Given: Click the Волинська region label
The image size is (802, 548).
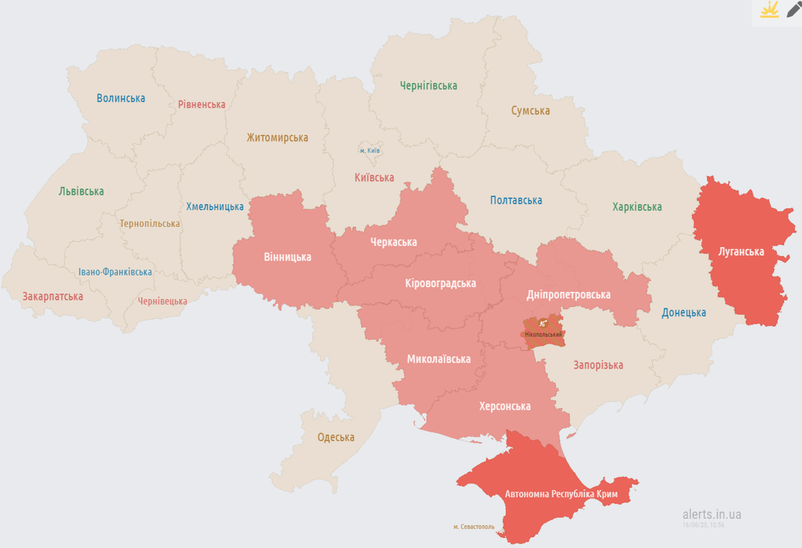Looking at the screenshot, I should pos(121,98).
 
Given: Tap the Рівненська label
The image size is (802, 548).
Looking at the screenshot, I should pos(201,104).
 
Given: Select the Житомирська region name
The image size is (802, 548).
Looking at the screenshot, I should pos(277,138).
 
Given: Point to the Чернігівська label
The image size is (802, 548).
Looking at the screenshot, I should pos(428,86).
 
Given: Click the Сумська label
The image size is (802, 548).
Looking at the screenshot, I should pos(530,111).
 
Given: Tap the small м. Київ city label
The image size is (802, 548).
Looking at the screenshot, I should pos(370,151).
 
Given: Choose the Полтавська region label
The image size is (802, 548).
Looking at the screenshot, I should pos(516,201).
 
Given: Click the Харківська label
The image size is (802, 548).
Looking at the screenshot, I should pos(636,207).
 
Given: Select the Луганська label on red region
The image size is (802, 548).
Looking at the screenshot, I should pos(741,251).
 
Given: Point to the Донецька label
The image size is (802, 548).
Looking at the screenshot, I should pos(683,313).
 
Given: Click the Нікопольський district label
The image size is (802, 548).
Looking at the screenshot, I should pos(543,334).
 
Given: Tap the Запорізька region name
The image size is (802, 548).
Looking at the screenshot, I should pos(598,365).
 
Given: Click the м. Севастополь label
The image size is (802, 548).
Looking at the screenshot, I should pos(473,527).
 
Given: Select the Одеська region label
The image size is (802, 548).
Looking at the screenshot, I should pos(336,437).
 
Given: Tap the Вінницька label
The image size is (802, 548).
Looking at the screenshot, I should pos(287,256).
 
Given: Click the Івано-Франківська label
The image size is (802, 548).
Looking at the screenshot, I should pos(115,272).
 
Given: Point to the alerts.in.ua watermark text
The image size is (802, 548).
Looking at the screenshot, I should pos(711,514).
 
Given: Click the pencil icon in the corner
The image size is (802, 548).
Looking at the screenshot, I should pos(793,10).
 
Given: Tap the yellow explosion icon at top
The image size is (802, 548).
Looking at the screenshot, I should pos(769,10).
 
